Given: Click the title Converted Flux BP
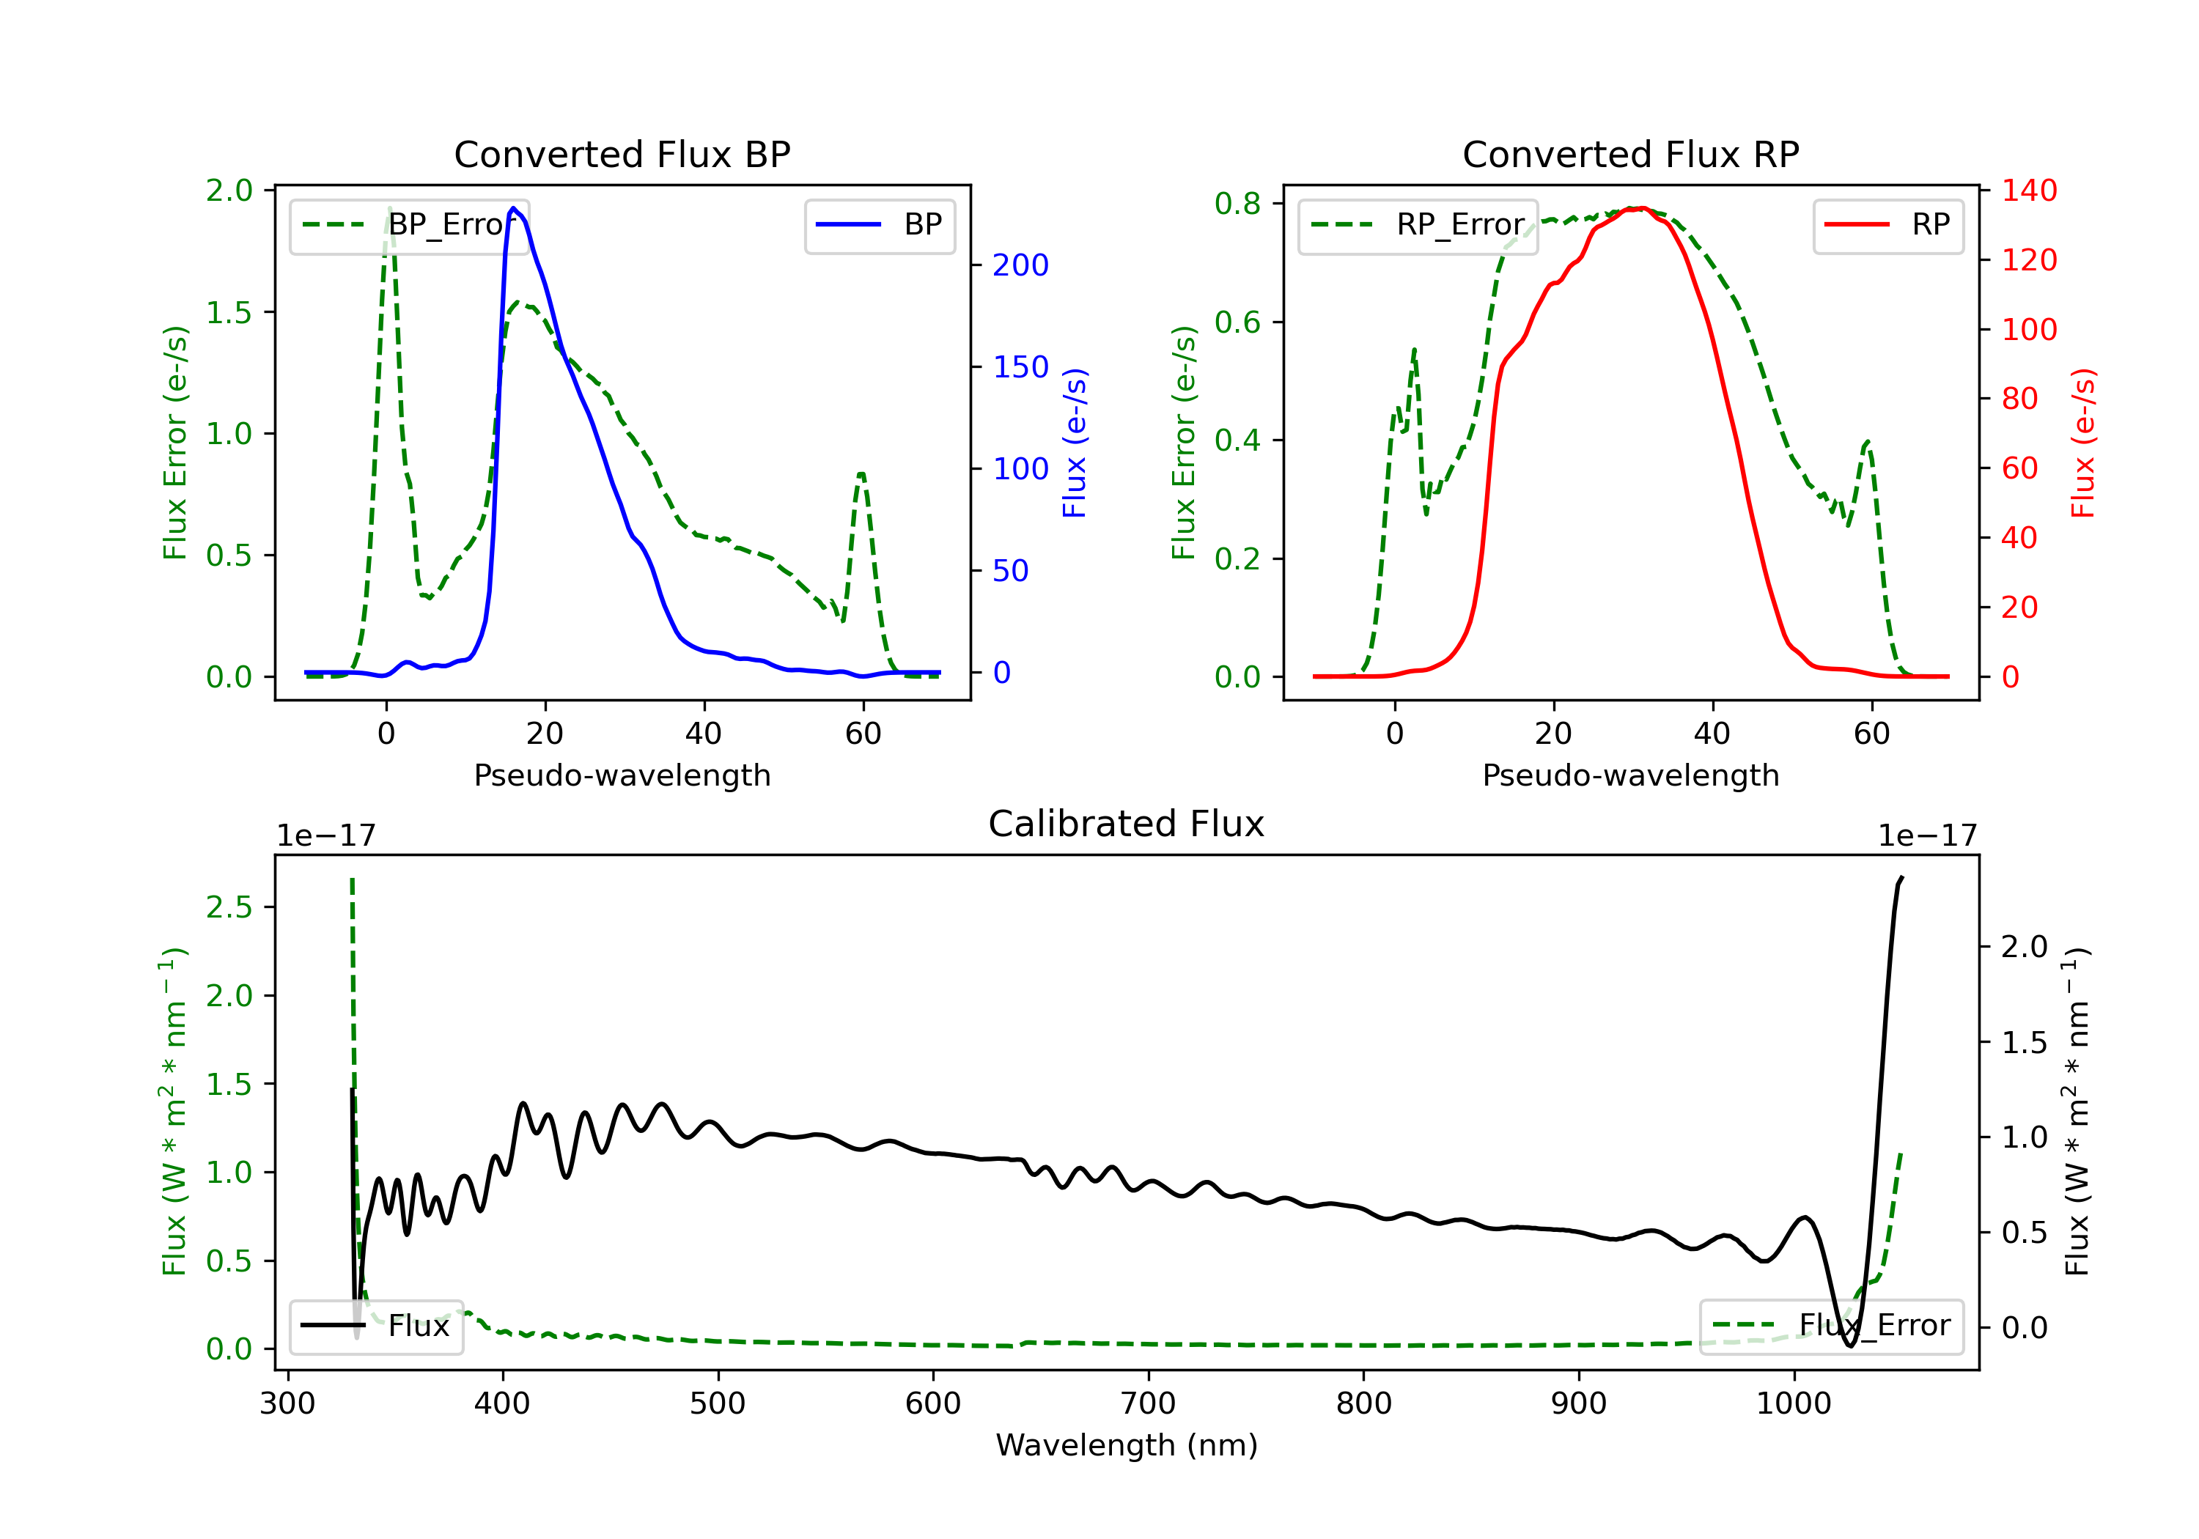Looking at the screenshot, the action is click(x=622, y=154).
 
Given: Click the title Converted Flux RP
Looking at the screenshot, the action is click(x=1630, y=154).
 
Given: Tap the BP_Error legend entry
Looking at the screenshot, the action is click(x=409, y=225).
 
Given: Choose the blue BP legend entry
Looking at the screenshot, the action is click(x=879, y=225).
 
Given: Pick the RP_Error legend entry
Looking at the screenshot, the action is click(x=1418, y=225).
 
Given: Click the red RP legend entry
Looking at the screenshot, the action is click(x=1887, y=225).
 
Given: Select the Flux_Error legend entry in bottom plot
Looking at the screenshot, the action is click(x=1831, y=1326).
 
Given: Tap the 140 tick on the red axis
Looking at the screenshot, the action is click(x=2028, y=190).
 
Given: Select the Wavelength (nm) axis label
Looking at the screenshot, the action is click(x=1127, y=1445).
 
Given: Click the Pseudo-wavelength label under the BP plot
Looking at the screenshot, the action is click(x=622, y=775).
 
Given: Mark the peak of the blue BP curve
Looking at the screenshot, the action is click(x=513, y=208).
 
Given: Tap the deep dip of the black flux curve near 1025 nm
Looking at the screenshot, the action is click(x=1849, y=1346).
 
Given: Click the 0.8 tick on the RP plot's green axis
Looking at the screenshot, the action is click(x=1237, y=203).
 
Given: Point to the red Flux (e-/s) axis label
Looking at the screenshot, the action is click(x=2084, y=443).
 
